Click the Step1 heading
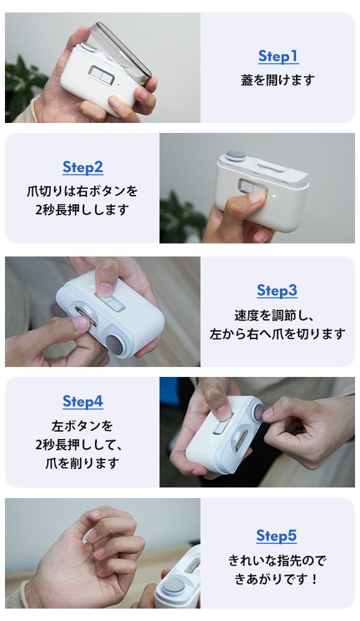point(278,57)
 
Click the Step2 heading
point(83,168)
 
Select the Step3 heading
point(277,291)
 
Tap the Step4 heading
point(83,402)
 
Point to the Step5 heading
point(276,536)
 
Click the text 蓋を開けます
point(277,80)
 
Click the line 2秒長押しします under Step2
point(83,209)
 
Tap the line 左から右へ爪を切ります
point(277,334)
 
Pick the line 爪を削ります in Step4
point(83,463)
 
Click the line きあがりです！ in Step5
point(276,579)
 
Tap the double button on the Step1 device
point(101,75)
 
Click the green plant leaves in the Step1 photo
point(22,89)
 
